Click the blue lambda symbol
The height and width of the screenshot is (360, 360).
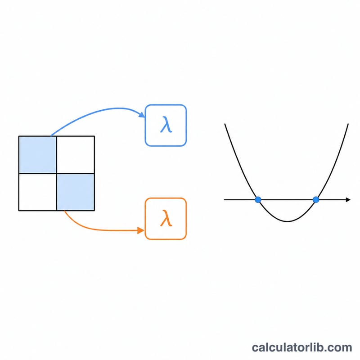[166, 125]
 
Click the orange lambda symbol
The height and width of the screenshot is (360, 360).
[166, 218]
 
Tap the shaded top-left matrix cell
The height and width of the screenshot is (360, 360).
[38, 155]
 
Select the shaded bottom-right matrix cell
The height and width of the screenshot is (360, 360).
[76, 192]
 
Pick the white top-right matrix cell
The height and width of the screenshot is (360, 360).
[76, 155]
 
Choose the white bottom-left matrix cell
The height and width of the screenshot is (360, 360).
[38, 192]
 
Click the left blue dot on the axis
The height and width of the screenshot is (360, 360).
[258, 200]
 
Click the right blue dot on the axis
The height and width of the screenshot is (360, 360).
[316, 200]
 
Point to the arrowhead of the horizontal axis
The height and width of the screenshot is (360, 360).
[348, 200]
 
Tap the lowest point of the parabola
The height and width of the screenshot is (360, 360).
[288, 221]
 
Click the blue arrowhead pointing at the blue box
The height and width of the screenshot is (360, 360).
[142, 115]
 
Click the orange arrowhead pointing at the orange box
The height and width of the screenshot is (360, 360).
[141, 230]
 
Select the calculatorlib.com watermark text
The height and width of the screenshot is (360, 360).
[302, 347]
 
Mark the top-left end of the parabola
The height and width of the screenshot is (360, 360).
[225, 124]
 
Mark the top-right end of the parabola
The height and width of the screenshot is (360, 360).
[348, 124]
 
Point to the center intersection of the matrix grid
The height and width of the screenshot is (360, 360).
[57, 173]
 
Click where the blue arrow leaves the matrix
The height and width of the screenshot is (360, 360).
[51, 136]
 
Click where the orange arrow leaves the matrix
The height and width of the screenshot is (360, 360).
[64, 211]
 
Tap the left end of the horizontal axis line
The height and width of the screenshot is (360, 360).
[224, 200]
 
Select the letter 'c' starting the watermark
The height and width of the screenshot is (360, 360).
[255, 348]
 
